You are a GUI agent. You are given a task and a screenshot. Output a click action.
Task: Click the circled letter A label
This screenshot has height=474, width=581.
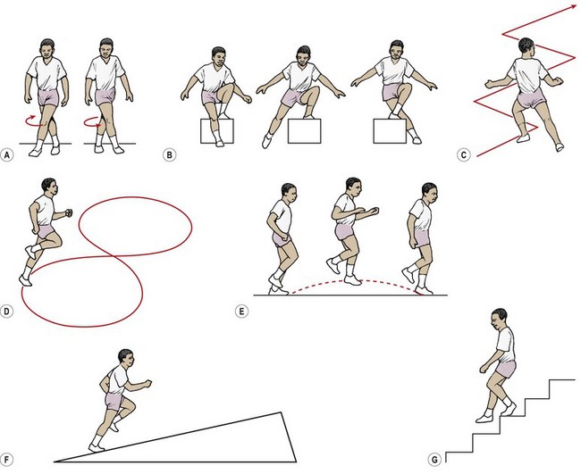pos(6,155)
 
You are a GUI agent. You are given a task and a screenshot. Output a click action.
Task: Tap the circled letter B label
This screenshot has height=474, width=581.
pos(169,155)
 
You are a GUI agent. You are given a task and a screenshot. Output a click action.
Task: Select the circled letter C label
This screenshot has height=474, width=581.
pos(464,155)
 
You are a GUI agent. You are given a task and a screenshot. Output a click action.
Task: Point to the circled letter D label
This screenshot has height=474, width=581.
pos(6,312)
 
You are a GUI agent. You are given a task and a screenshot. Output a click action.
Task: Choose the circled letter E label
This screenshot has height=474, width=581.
pos(241,312)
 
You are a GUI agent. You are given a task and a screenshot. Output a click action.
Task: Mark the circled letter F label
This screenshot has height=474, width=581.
pos(6,460)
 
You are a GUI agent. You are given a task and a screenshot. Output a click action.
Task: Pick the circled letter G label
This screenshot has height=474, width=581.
pos(434,460)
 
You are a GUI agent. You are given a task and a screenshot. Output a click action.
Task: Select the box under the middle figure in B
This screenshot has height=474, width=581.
pos(304,131)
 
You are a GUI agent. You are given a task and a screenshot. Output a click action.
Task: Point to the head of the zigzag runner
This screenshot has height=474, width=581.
pos(526,46)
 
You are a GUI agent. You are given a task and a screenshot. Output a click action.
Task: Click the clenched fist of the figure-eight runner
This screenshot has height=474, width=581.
pos(69,212)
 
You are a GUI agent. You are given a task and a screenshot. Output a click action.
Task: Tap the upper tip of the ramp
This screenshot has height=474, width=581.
pos(282,412)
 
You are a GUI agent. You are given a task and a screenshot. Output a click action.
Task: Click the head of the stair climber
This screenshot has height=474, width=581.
pos(499,317)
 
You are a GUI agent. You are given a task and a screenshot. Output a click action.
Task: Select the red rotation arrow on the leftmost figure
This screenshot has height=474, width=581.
pos(32,121)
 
